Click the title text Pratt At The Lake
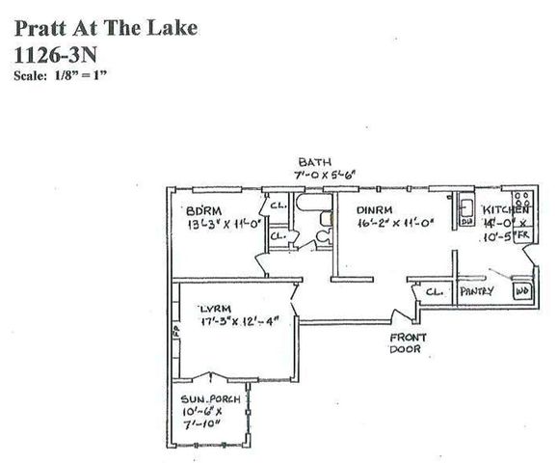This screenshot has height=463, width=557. pyautogui.click(x=106, y=28)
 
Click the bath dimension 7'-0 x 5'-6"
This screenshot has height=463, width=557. pyautogui.click(x=327, y=175)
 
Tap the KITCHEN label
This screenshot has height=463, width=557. pyautogui.click(x=505, y=209)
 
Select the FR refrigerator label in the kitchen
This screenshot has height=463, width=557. pyautogui.click(x=523, y=234)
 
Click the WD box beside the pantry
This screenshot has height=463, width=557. pyautogui.click(x=523, y=289)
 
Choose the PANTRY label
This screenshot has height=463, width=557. pyautogui.click(x=477, y=290)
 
